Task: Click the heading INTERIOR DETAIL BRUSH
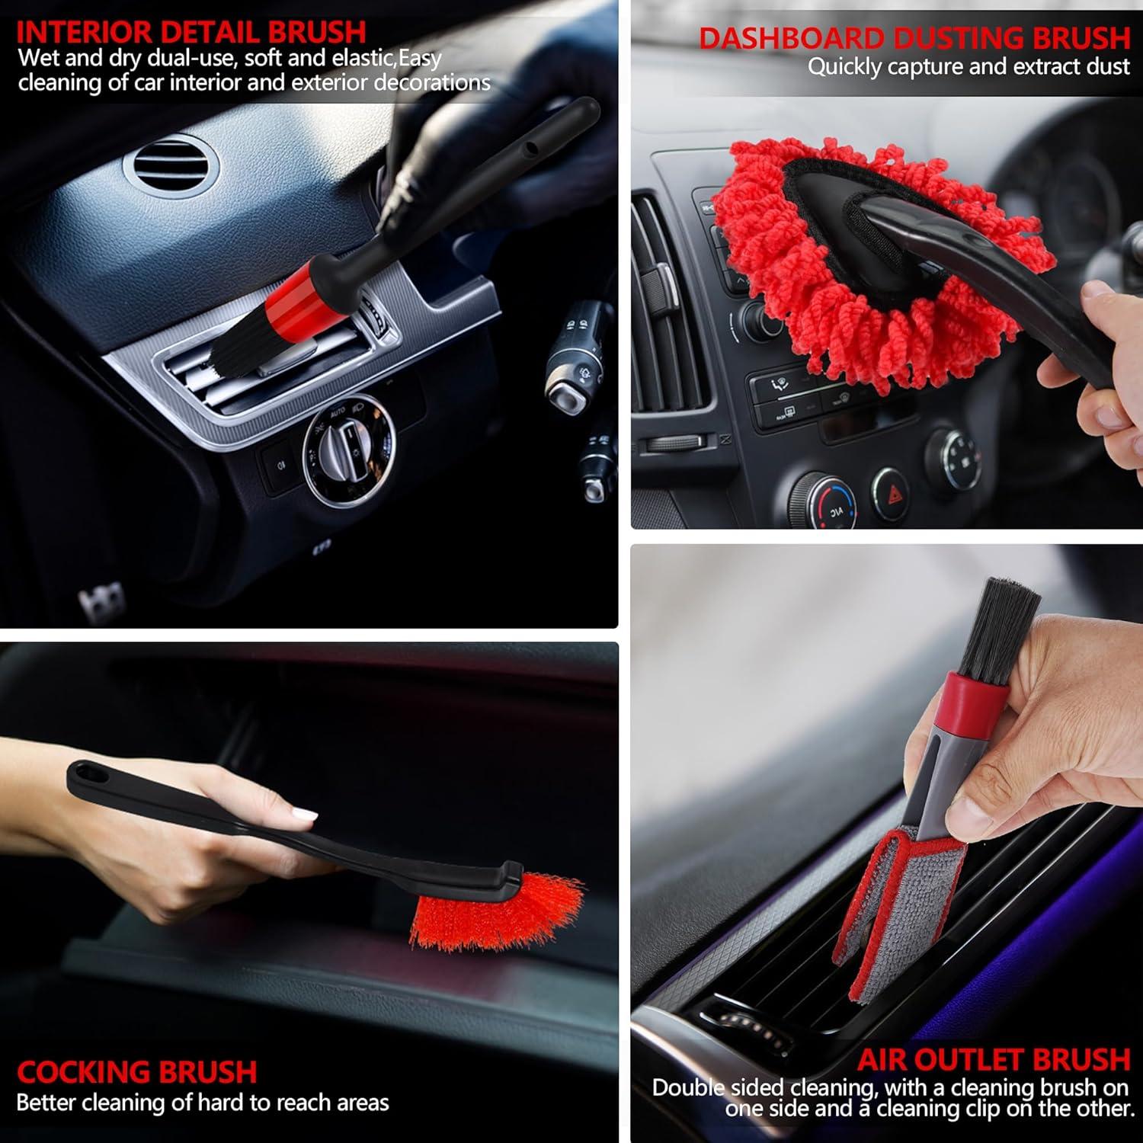[x=190, y=32]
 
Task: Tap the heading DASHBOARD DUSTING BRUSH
[x=914, y=38]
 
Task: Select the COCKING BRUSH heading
[x=137, y=1072]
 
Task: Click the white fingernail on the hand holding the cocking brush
[x=306, y=815]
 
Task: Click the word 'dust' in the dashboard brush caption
[x=1108, y=67]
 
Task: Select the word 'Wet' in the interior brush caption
[x=39, y=58]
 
